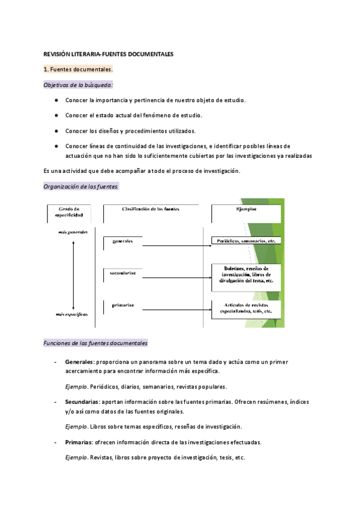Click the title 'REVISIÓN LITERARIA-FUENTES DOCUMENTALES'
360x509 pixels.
coord(109,54)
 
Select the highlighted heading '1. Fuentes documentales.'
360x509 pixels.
coord(79,70)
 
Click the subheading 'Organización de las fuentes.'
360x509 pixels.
coord(82,187)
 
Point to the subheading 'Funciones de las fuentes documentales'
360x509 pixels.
coord(96,343)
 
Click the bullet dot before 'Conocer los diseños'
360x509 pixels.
coord(56,130)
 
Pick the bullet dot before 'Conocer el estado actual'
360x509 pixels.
coord(56,115)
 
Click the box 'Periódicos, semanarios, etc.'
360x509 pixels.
coord(246,241)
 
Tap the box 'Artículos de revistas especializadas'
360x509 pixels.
coord(246,309)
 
